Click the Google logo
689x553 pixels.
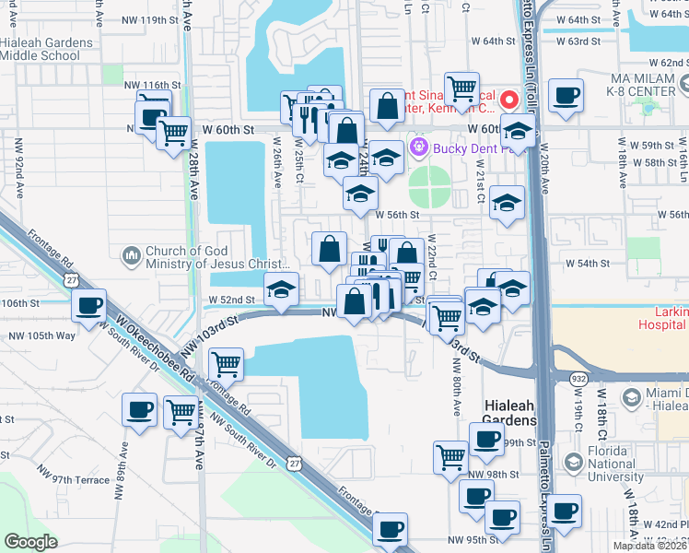[x=30, y=542]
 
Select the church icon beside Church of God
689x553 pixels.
[x=131, y=253]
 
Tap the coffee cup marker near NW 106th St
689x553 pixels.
[x=89, y=306]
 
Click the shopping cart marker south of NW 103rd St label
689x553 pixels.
[x=225, y=364]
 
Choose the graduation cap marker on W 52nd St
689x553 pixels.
[x=281, y=289]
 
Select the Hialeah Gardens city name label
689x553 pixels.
[x=510, y=413]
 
